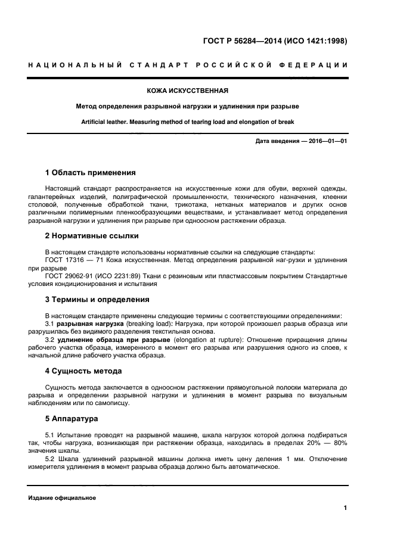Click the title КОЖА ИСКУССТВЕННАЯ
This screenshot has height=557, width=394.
click(188, 91)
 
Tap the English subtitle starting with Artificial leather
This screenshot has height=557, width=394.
click(188, 122)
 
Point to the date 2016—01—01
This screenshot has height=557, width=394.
click(325, 141)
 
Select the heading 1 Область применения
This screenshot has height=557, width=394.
click(91, 173)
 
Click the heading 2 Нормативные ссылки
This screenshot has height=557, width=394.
click(92, 236)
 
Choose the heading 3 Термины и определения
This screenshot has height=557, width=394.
click(97, 300)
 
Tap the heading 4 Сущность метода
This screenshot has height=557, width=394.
click(83, 371)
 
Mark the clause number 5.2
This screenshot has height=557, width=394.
click(51, 459)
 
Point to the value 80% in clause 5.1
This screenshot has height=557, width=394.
click(339, 443)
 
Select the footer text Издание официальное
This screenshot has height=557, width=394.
click(62, 498)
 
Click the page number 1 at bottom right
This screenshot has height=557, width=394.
click(345, 508)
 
